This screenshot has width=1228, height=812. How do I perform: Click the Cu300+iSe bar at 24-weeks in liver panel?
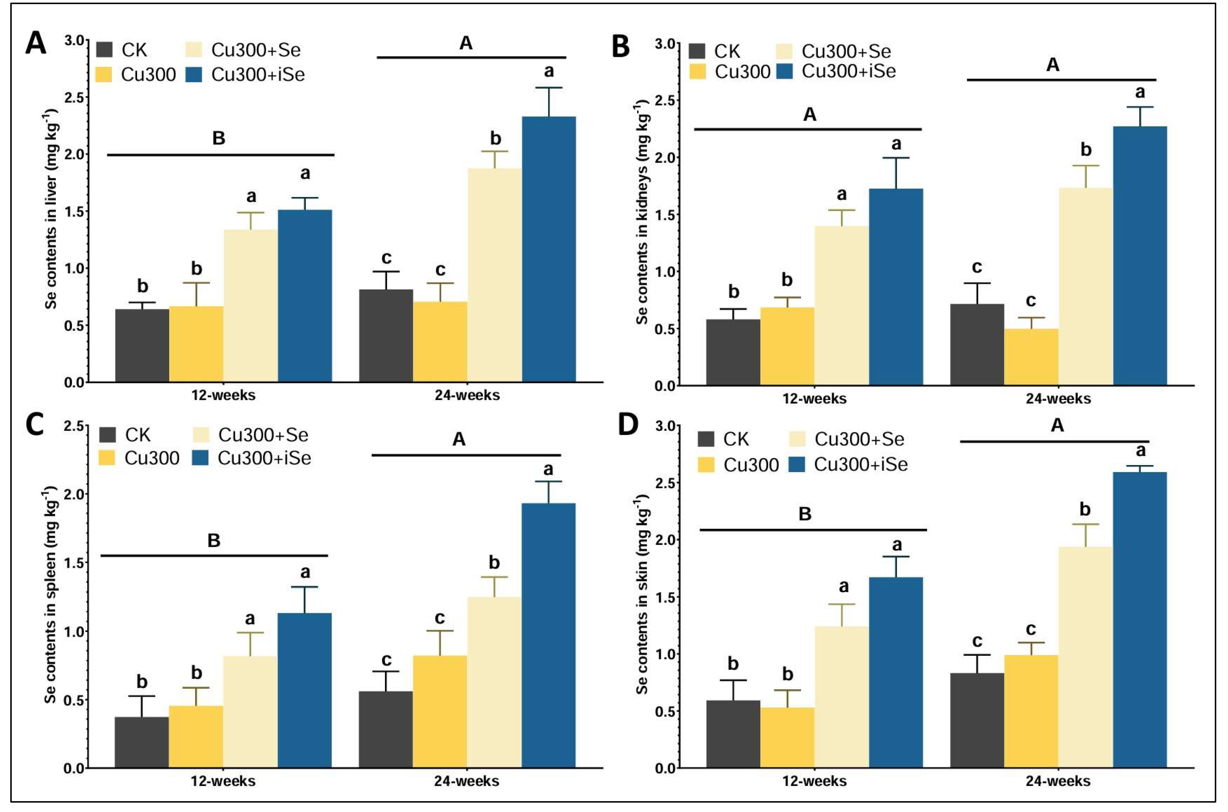click(549, 249)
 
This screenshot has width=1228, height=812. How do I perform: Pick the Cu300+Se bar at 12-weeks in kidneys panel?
click(842, 306)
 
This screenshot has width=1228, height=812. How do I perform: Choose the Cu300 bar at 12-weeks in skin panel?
click(787, 738)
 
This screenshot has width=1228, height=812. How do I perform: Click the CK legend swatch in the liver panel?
click(105, 50)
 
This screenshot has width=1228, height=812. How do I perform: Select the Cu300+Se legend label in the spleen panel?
click(263, 435)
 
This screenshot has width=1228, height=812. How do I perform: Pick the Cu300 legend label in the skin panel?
click(751, 465)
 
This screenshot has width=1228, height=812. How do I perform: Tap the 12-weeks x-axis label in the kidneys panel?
click(815, 399)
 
